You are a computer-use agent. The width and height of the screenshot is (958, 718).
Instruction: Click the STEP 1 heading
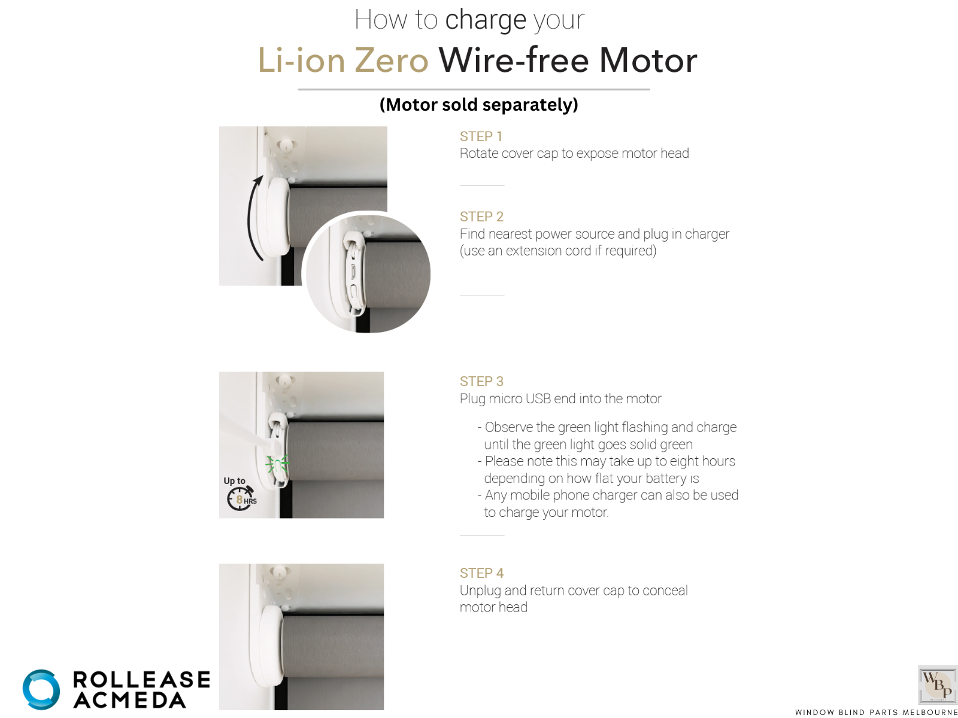tap(481, 136)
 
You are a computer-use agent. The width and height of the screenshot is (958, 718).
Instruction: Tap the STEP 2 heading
tap(481, 217)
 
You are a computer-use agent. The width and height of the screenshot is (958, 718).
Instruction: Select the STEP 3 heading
tap(481, 382)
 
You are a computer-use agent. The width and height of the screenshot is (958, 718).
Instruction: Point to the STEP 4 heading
tap(481, 573)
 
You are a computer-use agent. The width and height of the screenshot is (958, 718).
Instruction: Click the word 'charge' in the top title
tap(486, 21)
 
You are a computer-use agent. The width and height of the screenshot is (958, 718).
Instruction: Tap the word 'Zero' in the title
tap(392, 60)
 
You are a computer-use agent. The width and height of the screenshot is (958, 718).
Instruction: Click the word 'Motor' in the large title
tap(648, 60)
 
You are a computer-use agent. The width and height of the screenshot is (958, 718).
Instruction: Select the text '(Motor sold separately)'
tap(479, 105)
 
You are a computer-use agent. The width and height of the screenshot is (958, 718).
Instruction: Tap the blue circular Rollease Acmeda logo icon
tap(41, 690)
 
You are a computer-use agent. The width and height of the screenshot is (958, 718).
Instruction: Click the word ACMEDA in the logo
tap(129, 701)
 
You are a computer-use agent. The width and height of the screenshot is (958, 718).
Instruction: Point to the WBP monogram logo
tap(938, 684)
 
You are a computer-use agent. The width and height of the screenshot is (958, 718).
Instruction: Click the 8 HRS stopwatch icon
tap(241, 499)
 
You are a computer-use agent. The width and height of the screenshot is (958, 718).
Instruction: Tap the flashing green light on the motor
tap(277, 464)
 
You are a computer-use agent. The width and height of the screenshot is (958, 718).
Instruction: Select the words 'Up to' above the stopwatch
tap(234, 481)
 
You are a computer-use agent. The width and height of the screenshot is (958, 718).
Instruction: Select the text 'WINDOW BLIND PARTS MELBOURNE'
tap(876, 712)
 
